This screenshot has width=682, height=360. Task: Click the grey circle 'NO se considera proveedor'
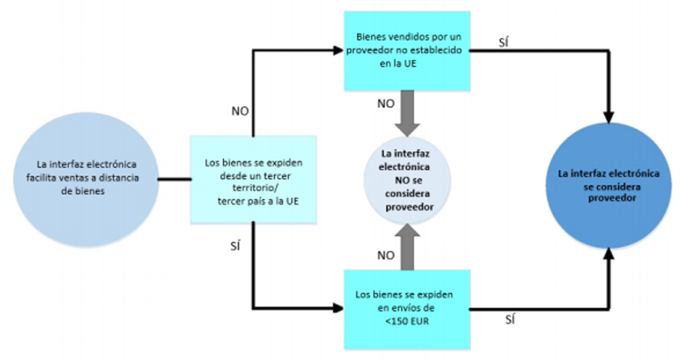pyautogui.click(x=408, y=181)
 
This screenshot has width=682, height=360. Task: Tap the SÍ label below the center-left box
pyautogui.click(x=235, y=248)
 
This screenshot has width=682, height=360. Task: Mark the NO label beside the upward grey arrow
pyautogui.click(x=385, y=255)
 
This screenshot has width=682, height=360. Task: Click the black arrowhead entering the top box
pyautogui.click(x=339, y=50)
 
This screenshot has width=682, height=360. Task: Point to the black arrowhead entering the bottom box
pyautogui.click(x=339, y=308)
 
